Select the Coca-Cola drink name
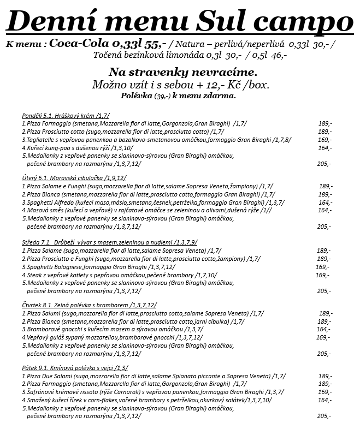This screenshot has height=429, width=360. pos(80,44)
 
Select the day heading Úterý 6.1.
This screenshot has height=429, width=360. pos(33,178)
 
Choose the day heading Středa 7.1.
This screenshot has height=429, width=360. pos(36,242)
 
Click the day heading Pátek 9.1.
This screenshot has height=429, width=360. pos(34,368)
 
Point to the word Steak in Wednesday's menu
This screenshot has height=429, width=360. pos(33,275)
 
